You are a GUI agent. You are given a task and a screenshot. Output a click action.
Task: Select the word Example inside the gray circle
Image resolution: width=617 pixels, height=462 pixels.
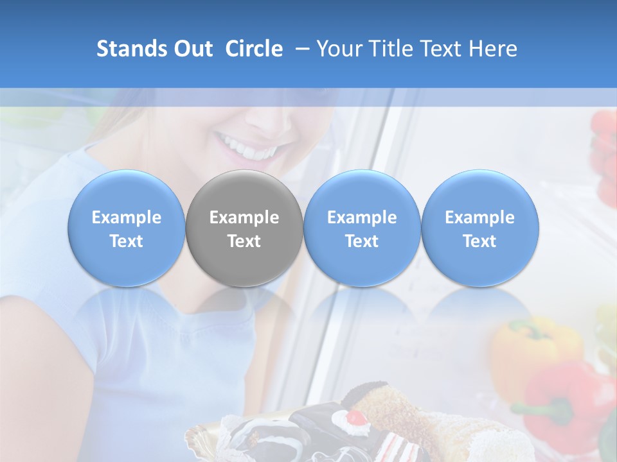244,218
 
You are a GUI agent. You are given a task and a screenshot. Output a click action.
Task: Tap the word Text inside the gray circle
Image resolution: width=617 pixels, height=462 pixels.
244,241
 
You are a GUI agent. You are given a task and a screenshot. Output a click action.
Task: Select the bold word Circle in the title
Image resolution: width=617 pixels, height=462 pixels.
254,49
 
